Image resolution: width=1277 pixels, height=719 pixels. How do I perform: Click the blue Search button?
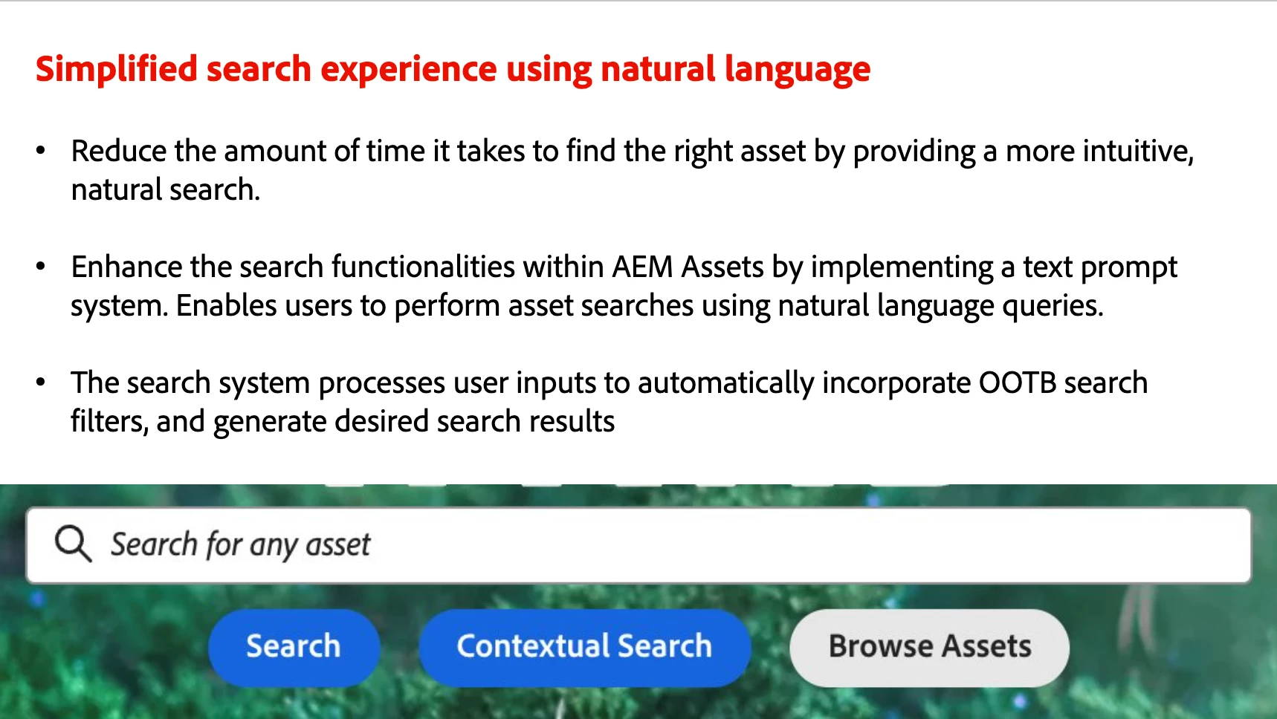point(294,647)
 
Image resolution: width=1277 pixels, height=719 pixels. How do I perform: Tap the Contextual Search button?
point(584,647)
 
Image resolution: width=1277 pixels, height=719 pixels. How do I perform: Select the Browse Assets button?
point(930,647)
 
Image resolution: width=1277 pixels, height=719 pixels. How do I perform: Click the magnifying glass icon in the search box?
point(74,544)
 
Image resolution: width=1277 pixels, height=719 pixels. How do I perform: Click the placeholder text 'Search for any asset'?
point(240,545)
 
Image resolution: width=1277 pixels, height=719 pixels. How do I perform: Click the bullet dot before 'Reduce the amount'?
point(41,151)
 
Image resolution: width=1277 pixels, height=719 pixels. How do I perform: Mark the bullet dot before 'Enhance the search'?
point(41,267)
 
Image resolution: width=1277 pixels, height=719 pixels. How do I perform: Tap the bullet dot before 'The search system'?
point(41,383)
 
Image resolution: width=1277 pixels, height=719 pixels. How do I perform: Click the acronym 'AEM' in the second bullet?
point(642,267)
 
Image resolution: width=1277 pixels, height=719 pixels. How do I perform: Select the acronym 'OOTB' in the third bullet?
point(1018,383)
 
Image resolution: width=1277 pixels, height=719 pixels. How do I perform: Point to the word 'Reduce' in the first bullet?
point(119,151)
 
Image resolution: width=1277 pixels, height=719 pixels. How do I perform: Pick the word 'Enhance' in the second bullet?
point(127,267)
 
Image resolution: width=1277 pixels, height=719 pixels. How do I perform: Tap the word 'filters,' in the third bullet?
point(109,421)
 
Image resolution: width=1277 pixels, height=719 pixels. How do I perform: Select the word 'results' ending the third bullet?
point(572,421)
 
